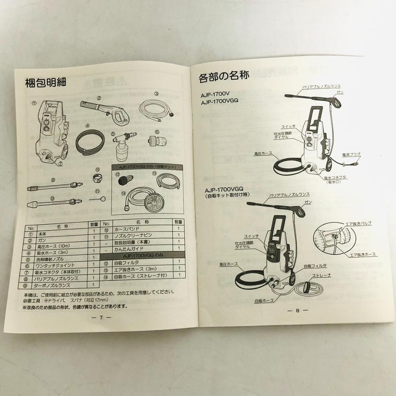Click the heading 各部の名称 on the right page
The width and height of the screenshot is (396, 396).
[x=224, y=76]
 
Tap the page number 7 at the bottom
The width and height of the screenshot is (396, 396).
[x=100, y=318]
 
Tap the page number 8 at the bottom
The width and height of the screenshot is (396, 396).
[x=297, y=311]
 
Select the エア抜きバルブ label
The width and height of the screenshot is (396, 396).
[x=358, y=223]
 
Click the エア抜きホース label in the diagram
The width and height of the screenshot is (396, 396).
[x=363, y=254]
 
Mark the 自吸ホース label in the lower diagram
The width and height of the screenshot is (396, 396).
[x=264, y=300]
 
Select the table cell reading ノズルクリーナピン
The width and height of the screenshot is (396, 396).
[x=133, y=235]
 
